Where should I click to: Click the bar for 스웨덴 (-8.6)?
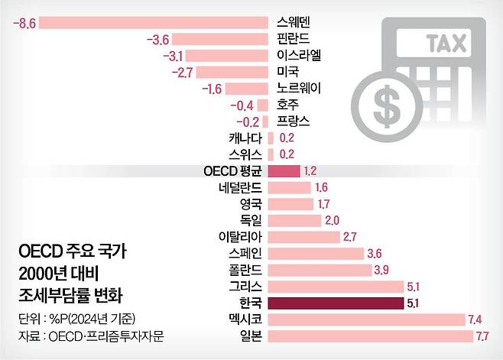[x=153, y=22]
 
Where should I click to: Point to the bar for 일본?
[x=371, y=336]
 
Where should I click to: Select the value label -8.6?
[x=24, y=22]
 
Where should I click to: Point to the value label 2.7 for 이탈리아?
[x=350, y=237]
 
